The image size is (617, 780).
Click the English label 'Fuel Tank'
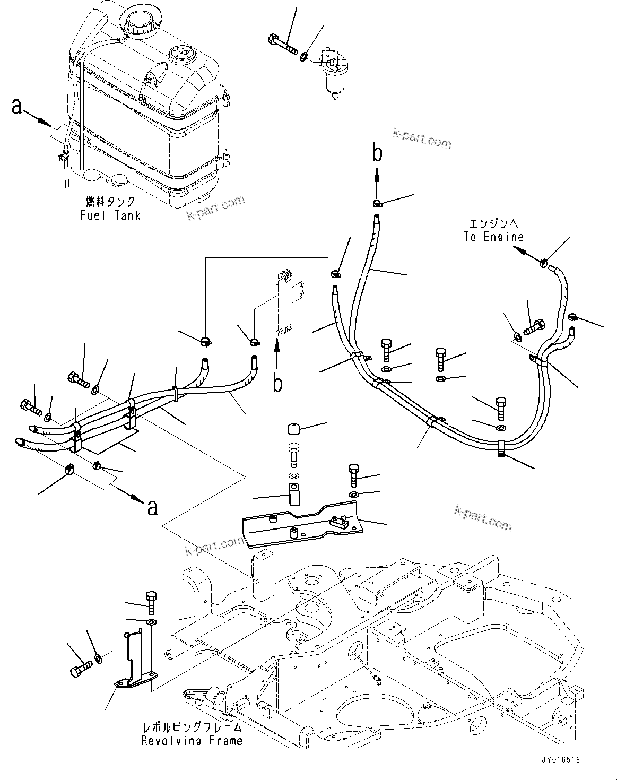click(110, 215)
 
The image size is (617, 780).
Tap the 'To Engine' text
click(493, 237)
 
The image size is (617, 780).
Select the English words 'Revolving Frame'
click(192, 741)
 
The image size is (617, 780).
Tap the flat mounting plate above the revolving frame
click(302, 525)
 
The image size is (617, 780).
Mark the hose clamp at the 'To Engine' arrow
click(544, 263)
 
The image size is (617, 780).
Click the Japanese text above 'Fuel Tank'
click(110, 202)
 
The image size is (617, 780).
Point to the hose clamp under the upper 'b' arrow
click(377, 203)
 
